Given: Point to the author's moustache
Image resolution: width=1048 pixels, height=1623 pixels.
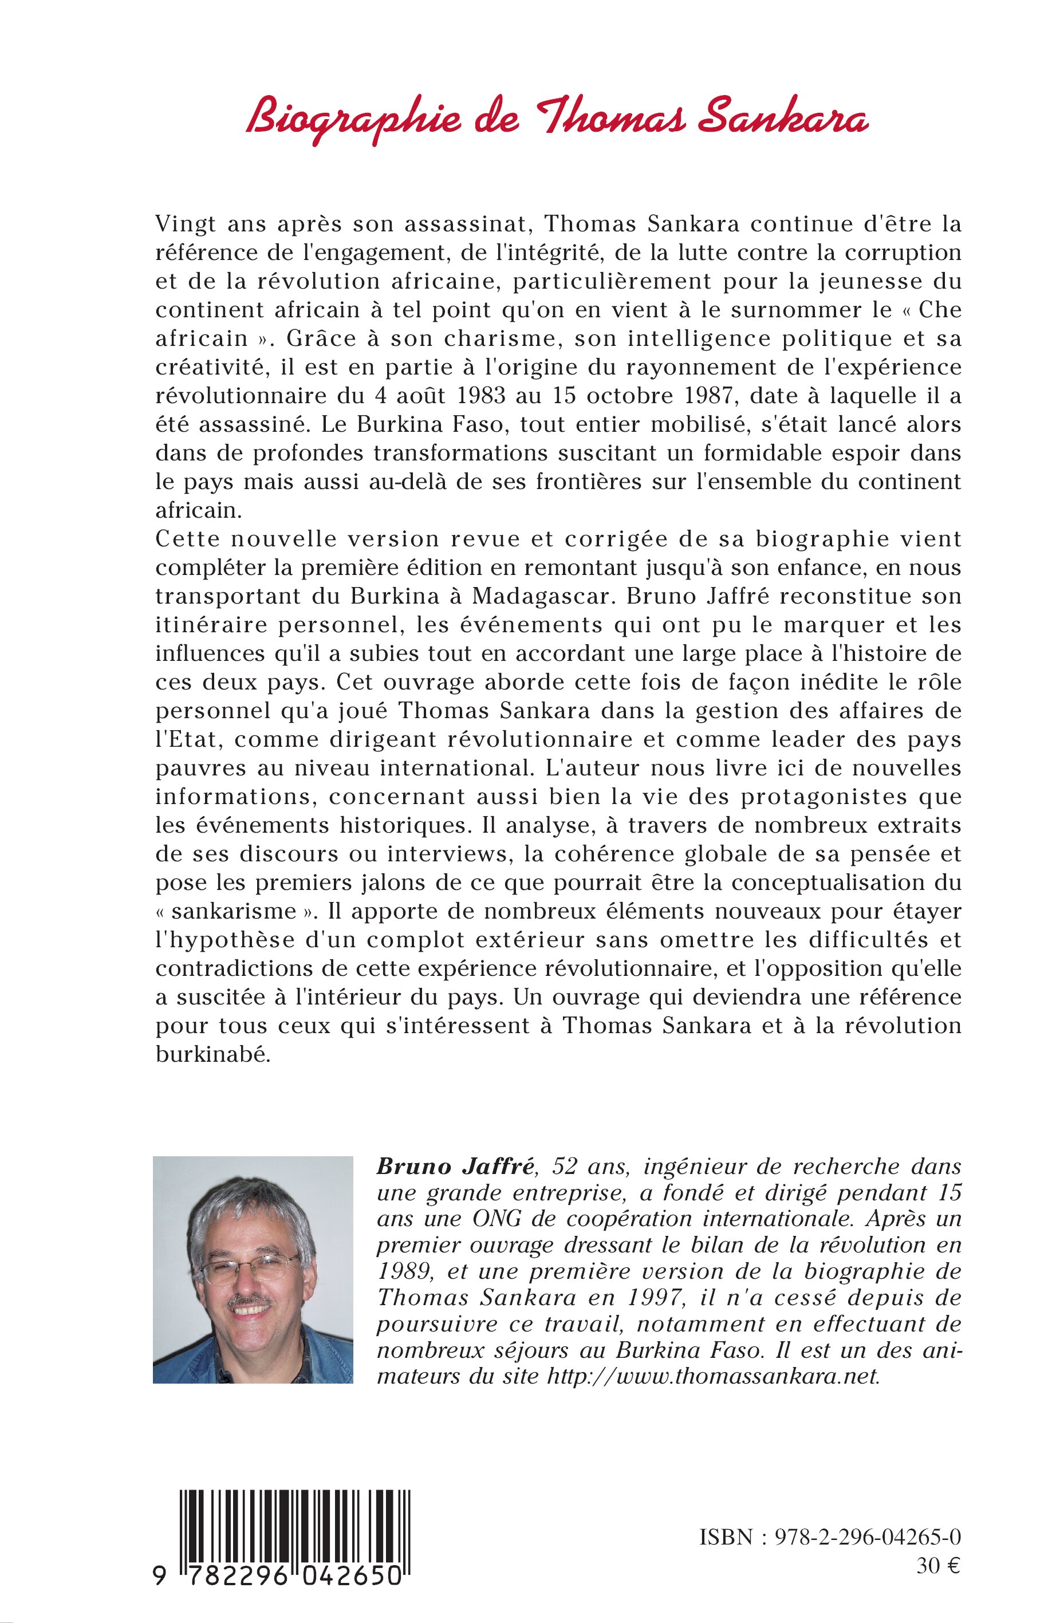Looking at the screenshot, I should point(250,1302).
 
